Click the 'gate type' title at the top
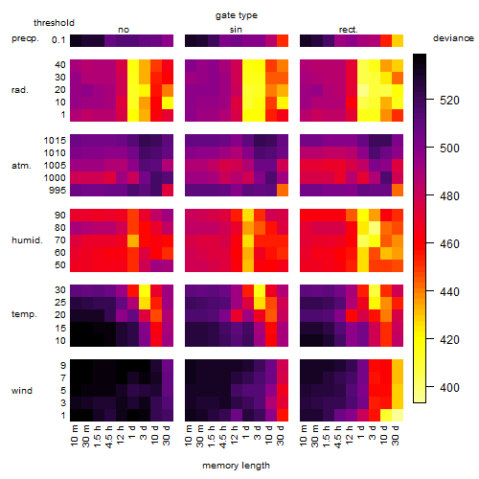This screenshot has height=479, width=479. pos(237,15)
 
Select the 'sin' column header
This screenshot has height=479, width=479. pos(236,30)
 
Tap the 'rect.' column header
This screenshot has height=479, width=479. pos(349,30)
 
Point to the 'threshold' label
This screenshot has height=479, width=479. pos(54,23)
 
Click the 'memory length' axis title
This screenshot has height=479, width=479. pos(236,466)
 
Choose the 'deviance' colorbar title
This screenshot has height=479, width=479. pos(453,38)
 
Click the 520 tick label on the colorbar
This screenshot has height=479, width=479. pos(449,101)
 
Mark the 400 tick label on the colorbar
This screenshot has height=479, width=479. pos(449,387)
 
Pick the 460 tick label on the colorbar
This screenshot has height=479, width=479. pos(449,244)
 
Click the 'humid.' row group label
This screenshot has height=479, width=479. pos(27,240)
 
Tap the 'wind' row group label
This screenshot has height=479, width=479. pos(22,391)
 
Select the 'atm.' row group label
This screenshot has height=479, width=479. pos(21,166)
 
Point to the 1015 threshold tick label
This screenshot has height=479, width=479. pos(55,141)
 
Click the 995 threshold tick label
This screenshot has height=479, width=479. pos(57,191)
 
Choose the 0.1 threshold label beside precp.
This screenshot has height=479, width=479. pos(58,40)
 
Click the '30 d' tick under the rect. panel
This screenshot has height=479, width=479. pos(395,435)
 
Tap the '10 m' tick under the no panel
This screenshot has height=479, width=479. pos(74,436)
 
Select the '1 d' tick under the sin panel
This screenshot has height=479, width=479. pos(245,432)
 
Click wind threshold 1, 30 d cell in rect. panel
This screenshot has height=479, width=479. pos(398,415)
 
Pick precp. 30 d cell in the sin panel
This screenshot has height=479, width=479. pos(283,40)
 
